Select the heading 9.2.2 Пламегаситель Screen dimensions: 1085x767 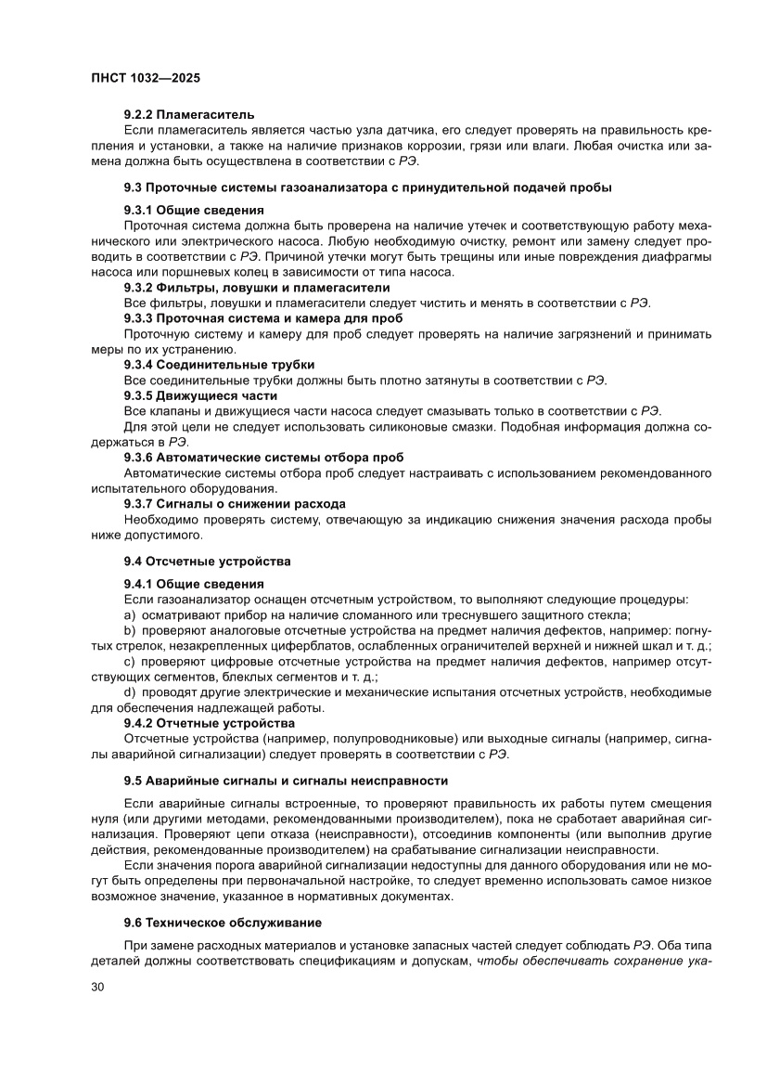[x=188, y=113]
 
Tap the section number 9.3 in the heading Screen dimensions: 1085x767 [x=135, y=189]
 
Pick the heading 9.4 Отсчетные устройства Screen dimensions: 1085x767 [x=208, y=561]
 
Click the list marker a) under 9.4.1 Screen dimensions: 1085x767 [x=130, y=614]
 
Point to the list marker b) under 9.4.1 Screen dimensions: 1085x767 [x=130, y=630]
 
